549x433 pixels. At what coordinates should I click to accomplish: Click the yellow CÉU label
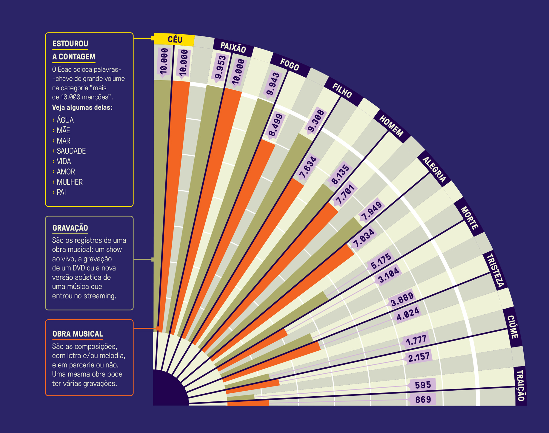click(x=175, y=40)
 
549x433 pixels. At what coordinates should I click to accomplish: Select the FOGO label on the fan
click(x=289, y=65)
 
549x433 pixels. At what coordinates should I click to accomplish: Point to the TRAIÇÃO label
click(x=520, y=385)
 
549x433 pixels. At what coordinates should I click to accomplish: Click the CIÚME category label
click(x=513, y=327)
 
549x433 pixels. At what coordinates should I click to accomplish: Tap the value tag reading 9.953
click(x=221, y=67)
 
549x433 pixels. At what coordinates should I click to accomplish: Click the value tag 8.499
click(x=275, y=125)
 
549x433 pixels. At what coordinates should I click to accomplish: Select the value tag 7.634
click(x=308, y=168)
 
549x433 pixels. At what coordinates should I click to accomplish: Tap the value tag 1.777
click(x=416, y=340)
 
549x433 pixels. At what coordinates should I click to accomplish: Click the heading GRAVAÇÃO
click(x=70, y=228)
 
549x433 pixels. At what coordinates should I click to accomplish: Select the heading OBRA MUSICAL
click(x=78, y=334)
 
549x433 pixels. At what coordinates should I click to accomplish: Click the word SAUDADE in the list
click(x=71, y=151)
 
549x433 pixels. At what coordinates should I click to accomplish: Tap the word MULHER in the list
click(x=70, y=182)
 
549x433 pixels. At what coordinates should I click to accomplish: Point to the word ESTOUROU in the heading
click(x=70, y=44)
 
